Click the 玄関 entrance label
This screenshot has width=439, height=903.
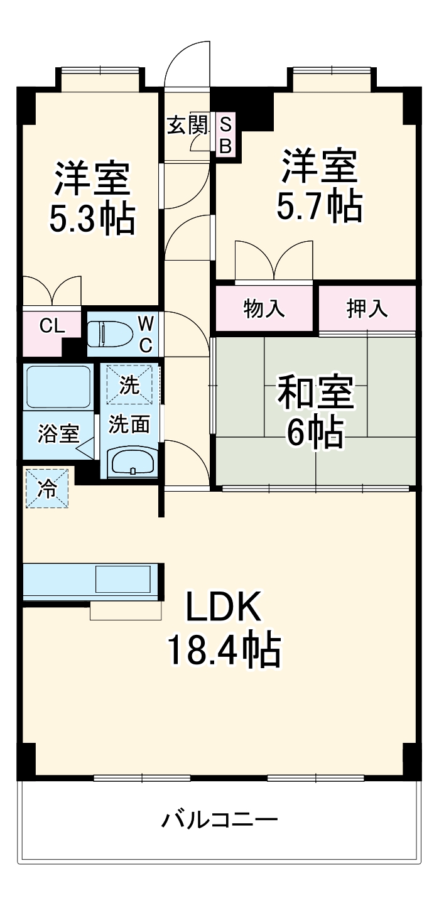coord(187,125)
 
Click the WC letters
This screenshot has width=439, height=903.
coord(145,334)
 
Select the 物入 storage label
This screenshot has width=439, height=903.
coord(264,308)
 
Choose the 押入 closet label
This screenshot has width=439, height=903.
coord(367,308)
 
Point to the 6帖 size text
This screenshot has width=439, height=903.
coord(315,432)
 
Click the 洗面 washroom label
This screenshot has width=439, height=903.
coord(129,425)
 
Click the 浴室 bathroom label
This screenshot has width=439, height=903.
coord(58,434)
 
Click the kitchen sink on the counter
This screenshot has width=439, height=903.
coord(123,579)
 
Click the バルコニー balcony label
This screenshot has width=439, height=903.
coord(219,819)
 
